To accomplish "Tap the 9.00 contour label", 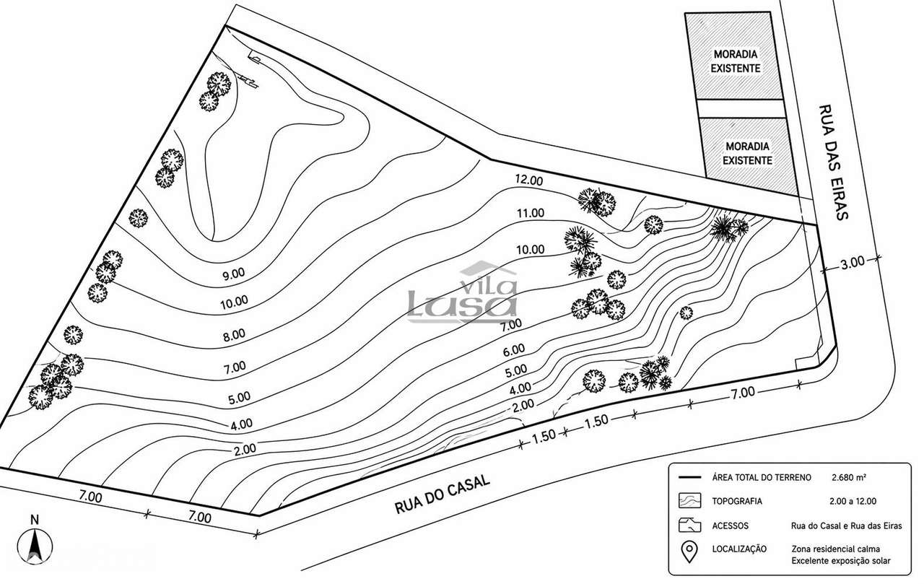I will pyautogui.click(x=234, y=274).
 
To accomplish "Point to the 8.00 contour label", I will pyautogui.click(x=234, y=335).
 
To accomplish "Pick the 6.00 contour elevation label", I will pyautogui.click(x=514, y=350).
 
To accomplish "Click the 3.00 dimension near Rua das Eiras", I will pyautogui.click(x=852, y=263).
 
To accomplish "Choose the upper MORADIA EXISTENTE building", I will pyautogui.click(x=736, y=61).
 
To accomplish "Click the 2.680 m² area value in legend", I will pyautogui.click(x=849, y=478).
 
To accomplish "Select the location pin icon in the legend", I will pyautogui.click(x=691, y=554).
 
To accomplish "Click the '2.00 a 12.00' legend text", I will pyautogui.click(x=853, y=501).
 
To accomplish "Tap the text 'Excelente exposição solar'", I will pyautogui.click(x=840, y=561).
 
